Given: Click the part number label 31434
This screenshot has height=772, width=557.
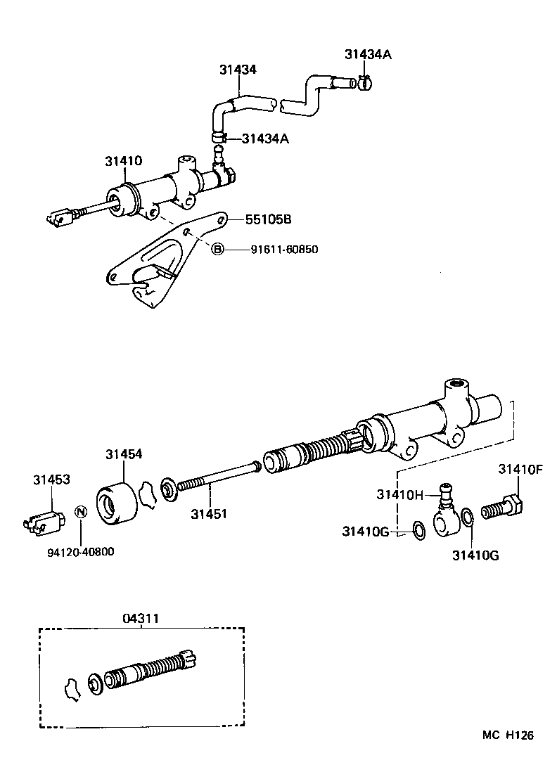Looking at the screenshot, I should [x=237, y=70].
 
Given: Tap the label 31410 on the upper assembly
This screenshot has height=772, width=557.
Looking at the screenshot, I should [x=123, y=161].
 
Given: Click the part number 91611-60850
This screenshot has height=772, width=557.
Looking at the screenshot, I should [x=279, y=249].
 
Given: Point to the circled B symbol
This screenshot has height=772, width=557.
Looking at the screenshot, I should [x=218, y=249].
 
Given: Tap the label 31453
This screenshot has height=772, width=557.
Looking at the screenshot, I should [x=51, y=480].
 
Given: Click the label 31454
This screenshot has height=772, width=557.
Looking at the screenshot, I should [x=124, y=454].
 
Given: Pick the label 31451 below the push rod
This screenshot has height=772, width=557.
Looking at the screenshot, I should [x=208, y=514].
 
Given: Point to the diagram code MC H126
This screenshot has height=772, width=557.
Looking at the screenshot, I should [x=508, y=735].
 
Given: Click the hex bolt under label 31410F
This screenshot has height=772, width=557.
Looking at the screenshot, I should [x=502, y=506].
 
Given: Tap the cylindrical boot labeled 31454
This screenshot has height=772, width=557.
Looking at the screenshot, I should [x=117, y=503].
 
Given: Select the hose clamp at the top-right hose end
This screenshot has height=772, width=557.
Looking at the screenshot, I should [x=364, y=84].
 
